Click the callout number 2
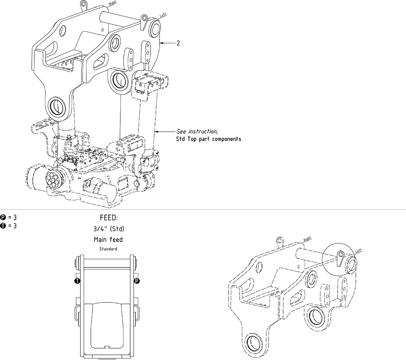(x=178, y=43)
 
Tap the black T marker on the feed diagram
(x=77, y=281)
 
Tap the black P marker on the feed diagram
(x=137, y=281)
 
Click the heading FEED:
(x=109, y=218)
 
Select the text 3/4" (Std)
(x=109, y=229)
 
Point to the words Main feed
(x=108, y=240)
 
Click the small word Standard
(x=108, y=249)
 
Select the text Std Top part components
(x=209, y=139)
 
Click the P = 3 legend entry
(x=9, y=217)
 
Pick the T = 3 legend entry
(x=9, y=226)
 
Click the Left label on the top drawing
(x=162, y=16)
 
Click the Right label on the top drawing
(x=113, y=4)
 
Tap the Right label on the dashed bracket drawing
(x=307, y=239)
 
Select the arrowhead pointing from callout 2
(x=161, y=43)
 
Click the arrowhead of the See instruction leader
(x=155, y=131)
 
